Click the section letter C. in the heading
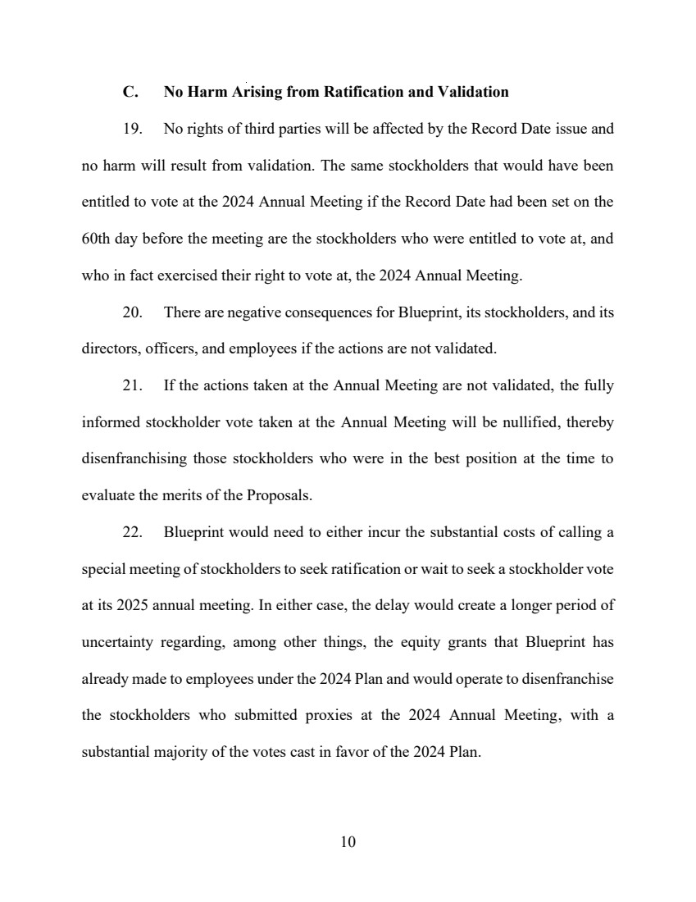coord(130,92)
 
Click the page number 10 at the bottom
coord(348,841)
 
